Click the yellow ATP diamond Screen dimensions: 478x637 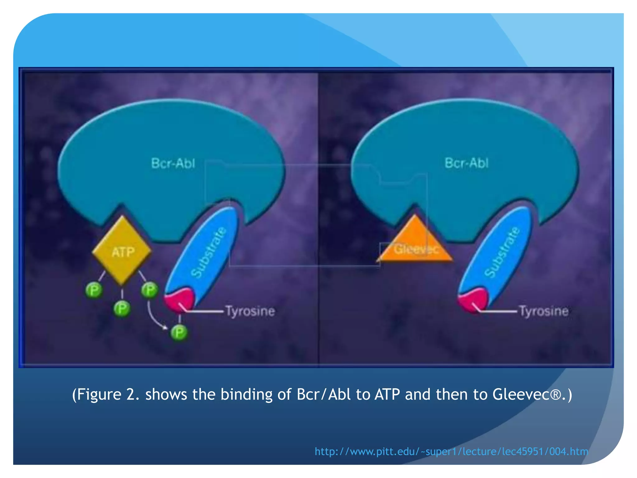pos(122,251)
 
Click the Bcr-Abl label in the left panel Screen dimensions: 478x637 pos(173,163)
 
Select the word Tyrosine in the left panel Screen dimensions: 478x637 pos(250,311)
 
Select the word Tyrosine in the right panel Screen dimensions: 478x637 pos(544,311)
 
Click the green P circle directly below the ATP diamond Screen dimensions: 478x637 pos(122,309)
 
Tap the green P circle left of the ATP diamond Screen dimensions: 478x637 pos(94,291)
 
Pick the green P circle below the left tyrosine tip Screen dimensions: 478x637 pos(179,333)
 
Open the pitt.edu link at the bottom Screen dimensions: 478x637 pos(451,451)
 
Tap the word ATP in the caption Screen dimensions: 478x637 pos(387,394)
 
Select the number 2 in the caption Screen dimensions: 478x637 pos(130,394)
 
